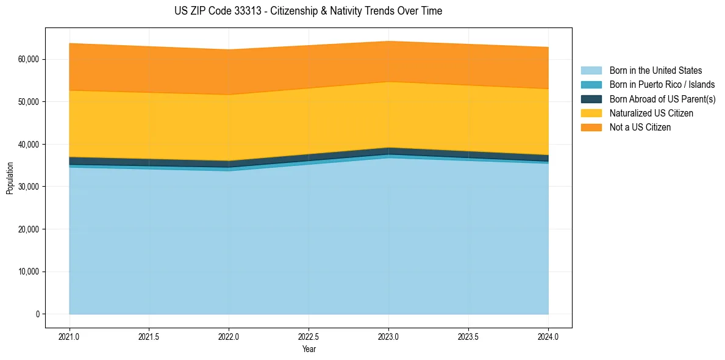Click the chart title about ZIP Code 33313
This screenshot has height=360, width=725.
point(308,11)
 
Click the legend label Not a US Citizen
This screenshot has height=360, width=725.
point(640,128)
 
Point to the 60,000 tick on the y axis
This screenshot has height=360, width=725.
point(29,59)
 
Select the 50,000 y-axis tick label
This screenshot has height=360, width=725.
point(29,101)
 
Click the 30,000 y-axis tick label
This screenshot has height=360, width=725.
point(29,187)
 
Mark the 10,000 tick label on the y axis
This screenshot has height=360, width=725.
point(29,272)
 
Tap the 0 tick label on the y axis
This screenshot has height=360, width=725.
point(37,314)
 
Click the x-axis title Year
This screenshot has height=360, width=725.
point(309,350)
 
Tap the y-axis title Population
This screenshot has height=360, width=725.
point(10,178)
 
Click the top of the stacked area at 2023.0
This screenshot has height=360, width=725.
point(388,41)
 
